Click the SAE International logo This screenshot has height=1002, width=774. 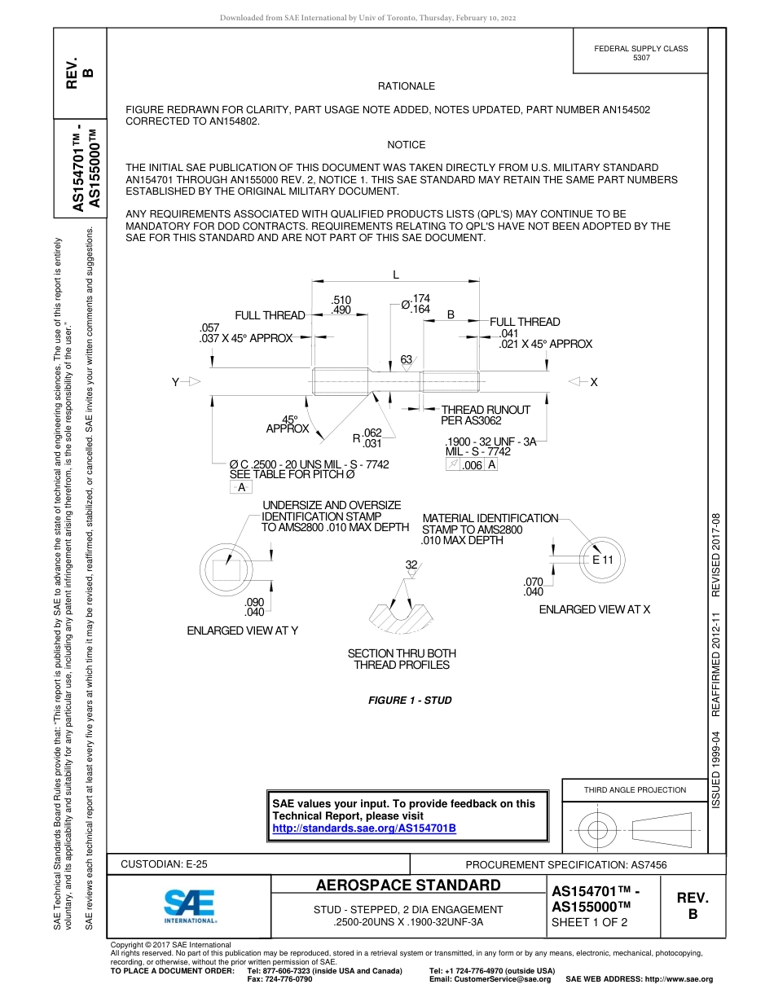click(190, 905)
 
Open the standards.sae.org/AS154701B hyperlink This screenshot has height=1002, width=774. click(363, 828)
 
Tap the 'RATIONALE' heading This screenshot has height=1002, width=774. click(406, 86)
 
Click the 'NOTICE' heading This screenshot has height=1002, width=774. click(406, 145)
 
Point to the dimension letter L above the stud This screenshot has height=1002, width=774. click(396, 275)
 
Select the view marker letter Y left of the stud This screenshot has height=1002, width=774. click(175, 382)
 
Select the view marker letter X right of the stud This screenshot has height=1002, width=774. click(593, 382)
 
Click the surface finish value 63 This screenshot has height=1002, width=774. click(406, 359)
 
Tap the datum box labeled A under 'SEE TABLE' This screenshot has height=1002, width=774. click(240, 487)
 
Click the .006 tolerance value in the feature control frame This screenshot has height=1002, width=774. click(472, 465)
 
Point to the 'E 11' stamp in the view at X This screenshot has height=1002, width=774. click(602, 560)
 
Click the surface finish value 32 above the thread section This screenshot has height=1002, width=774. click(411, 565)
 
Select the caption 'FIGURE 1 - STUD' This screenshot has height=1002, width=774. click(410, 701)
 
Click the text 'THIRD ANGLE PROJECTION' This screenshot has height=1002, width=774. click(635, 789)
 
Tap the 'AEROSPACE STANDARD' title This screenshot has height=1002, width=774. click(408, 886)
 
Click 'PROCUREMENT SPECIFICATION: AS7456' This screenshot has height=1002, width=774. click(571, 865)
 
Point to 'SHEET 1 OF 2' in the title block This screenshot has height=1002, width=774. click(590, 922)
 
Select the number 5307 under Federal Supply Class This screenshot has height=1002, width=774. click(641, 58)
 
